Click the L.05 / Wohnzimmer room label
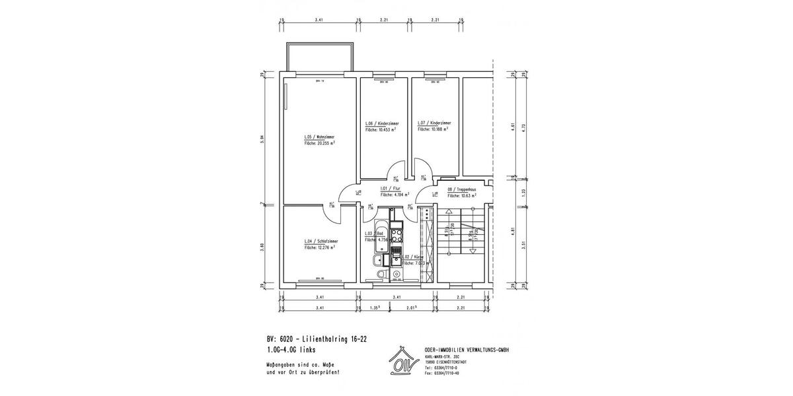[315, 137]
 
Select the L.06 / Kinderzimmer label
[382, 123]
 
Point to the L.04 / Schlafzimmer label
[321, 242]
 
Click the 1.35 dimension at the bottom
[374, 308]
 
